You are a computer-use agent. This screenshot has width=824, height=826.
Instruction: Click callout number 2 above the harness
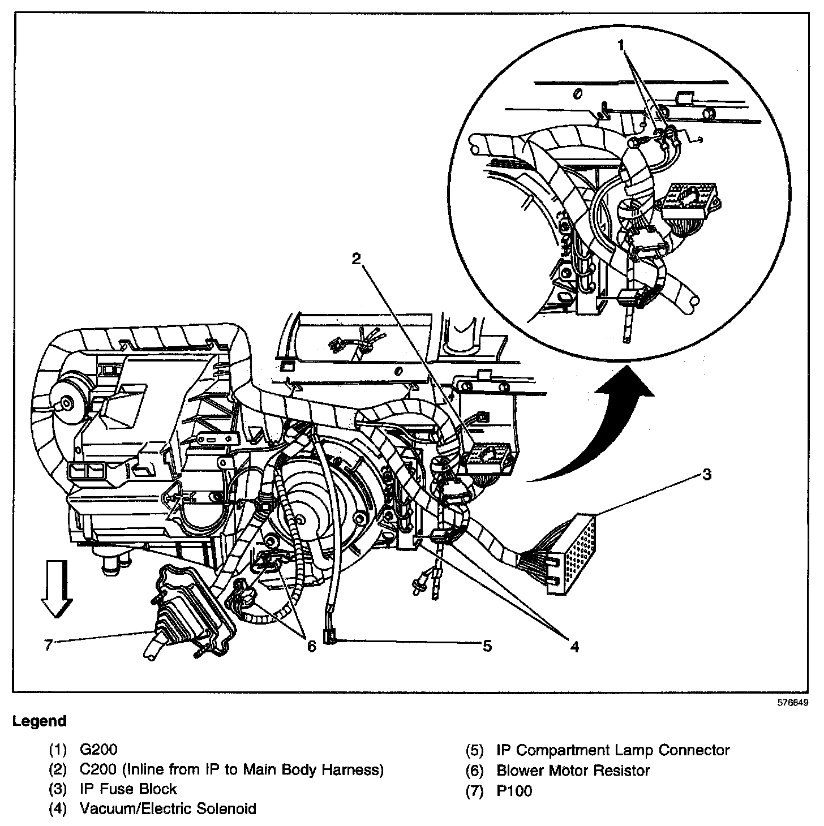356,259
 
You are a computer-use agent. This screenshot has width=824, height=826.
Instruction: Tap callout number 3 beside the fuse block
706,474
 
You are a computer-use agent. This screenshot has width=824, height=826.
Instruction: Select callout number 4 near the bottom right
574,646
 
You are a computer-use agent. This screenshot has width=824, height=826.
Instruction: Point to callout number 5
487,646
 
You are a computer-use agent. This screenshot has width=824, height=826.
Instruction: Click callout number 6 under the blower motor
311,646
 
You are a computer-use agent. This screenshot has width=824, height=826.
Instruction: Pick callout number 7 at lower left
49,644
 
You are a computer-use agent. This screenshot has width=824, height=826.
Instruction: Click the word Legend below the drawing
40,721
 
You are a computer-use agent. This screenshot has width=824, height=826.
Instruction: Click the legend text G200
98,750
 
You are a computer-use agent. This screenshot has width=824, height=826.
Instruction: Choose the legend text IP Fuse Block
128,789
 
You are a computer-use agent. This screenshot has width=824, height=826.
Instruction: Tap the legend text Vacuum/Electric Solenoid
168,808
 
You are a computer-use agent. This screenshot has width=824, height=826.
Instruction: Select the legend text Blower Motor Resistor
573,770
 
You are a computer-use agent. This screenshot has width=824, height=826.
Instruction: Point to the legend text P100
514,790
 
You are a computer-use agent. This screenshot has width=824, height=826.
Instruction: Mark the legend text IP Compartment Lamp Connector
613,750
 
